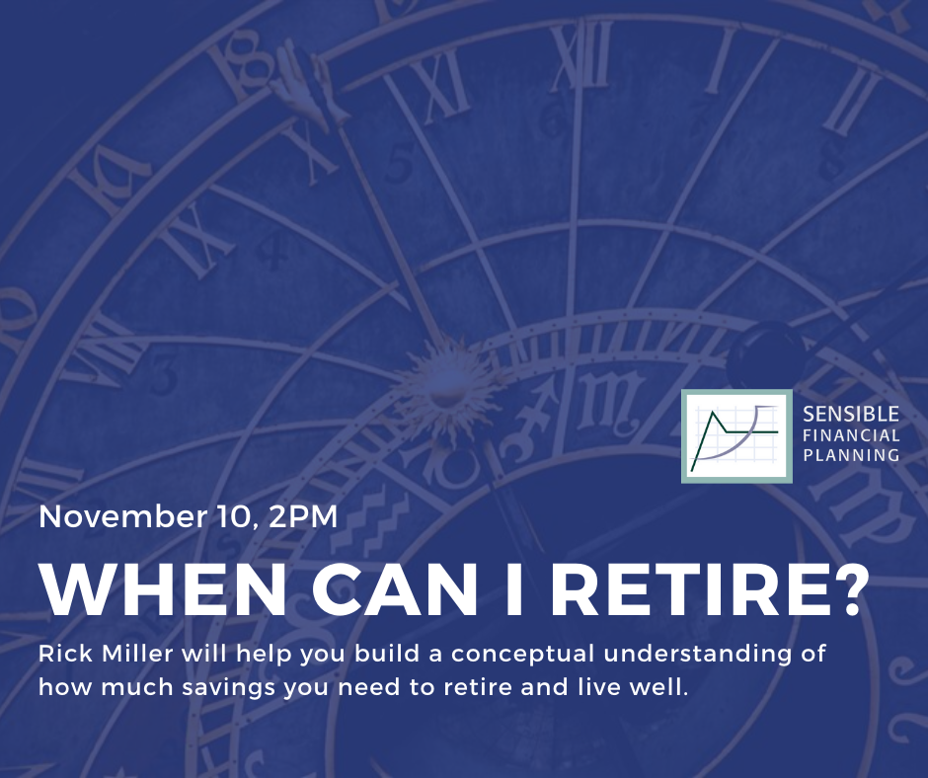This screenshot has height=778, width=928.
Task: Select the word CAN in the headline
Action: [x=394, y=589]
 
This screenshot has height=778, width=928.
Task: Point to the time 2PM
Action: [x=302, y=516]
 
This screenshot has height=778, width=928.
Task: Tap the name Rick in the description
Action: [x=65, y=654]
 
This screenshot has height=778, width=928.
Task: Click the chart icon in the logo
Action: [x=736, y=436]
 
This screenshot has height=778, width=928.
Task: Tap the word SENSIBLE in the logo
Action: [x=851, y=414]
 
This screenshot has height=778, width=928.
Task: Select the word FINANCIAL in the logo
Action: [x=851, y=435]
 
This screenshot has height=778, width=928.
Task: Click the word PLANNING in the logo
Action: [x=851, y=455]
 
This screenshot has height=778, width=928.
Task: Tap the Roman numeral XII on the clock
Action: [x=581, y=57]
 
